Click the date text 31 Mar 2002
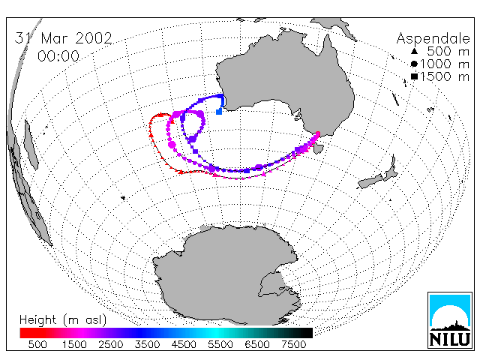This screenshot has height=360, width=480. pyautogui.click(x=63, y=38)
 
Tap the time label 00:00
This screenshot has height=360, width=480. pyautogui.click(x=58, y=56)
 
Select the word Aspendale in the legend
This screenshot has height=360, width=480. pyautogui.click(x=433, y=39)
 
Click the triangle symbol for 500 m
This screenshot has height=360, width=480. pyautogui.click(x=414, y=52)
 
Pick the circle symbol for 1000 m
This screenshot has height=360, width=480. pyautogui.click(x=414, y=64)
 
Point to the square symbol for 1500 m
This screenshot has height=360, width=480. pyautogui.click(x=414, y=76)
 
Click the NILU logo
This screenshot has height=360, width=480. pyautogui.click(x=450, y=320)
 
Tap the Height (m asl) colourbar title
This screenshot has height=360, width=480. pyautogui.click(x=63, y=320)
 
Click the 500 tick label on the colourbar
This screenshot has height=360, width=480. pyautogui.click(x=37, y=345)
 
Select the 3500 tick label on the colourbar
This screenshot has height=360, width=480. pyautogui.click(x=147, y=345)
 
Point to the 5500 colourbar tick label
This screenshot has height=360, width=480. pyautogui.click(x=220, y=345)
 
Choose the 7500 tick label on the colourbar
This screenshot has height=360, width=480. pyautogui.click(x=293, y=345)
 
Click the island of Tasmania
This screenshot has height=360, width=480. pyautogui.click(x=318, y=148)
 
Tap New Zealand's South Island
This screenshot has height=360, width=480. pyautogui.click(x=370, y=181)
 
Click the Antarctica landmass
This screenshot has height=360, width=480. pyautogui.click(x=226, y=272)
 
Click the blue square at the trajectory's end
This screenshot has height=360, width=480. pyautogui.click(x=219, y=112)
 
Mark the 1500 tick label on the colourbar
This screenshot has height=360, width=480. pyautogui.click(x=74, y=345)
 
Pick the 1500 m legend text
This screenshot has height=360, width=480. pyautogui.click(x=445, y=76)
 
